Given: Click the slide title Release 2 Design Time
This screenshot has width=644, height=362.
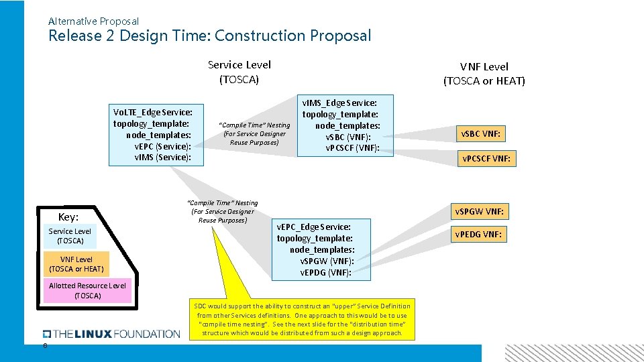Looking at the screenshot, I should tap(209, 36).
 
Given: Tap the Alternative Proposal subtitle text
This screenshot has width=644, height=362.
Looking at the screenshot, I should tap(93, 21).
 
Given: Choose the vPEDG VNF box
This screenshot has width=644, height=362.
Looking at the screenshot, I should tap(478, 234).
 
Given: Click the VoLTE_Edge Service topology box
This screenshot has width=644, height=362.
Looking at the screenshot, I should tap(156, 135).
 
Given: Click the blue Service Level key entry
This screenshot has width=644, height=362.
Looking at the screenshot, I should tap(70, 236).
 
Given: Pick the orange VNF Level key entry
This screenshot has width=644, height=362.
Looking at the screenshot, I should tap(76, 264).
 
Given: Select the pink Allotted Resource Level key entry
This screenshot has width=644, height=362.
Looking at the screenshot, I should tap(87, 290).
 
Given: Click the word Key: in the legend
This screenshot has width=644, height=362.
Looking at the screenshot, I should tap(68, 217).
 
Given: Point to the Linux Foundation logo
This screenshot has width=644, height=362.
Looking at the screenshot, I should tap(111, 334).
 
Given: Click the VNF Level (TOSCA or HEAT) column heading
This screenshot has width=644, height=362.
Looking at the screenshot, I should tap(484, 74).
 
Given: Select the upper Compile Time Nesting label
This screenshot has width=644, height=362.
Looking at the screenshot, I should tap(255, 133).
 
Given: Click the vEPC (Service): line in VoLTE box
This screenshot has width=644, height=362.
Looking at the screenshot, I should tap(162, 147).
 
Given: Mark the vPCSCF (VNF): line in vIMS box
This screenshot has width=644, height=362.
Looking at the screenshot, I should tap(352, 147).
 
